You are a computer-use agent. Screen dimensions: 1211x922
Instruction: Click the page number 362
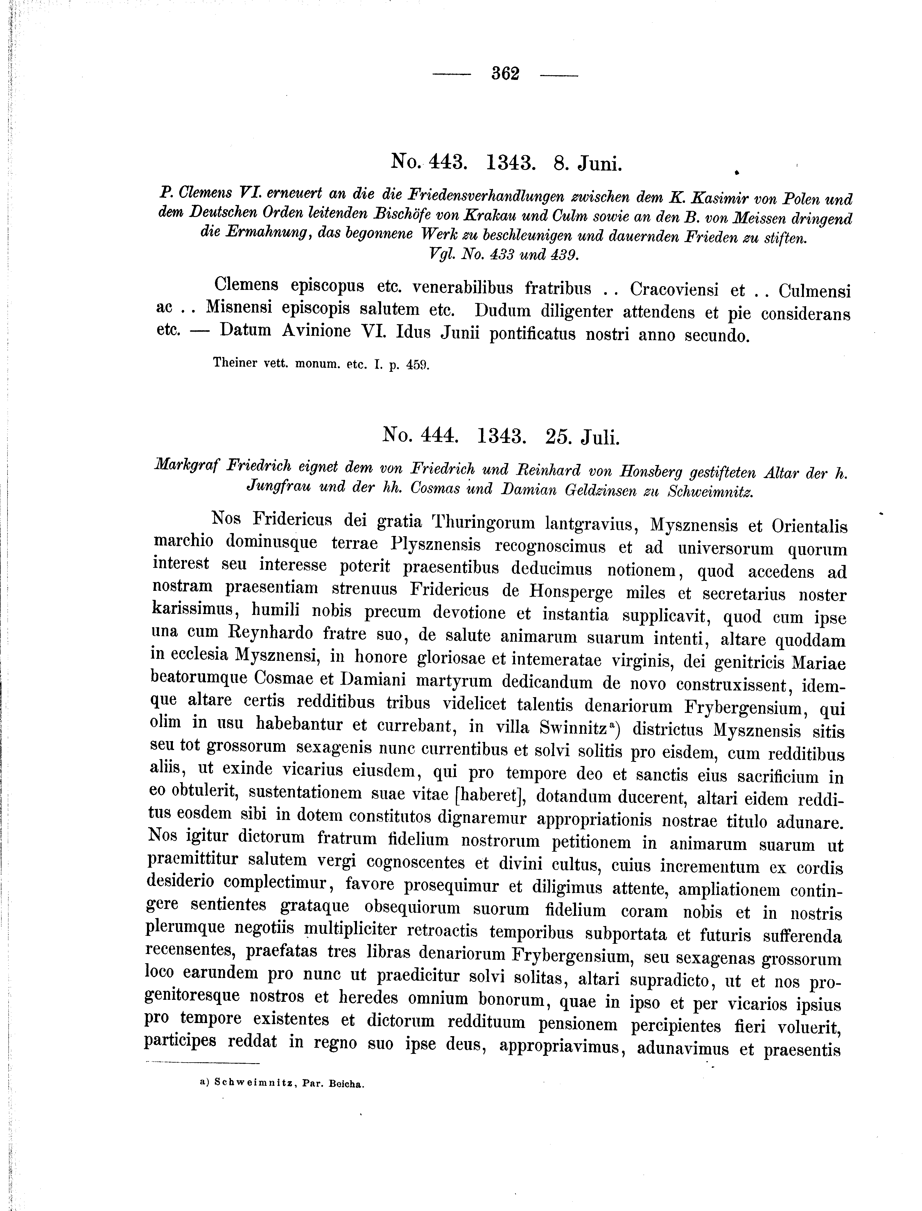(x=505, y=73)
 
